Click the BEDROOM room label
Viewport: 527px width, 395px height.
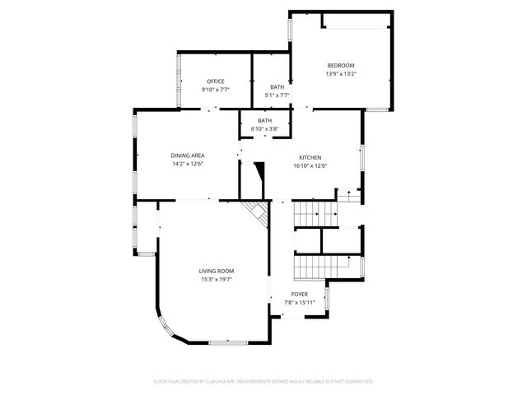pyautogui.click(x=341, y=66)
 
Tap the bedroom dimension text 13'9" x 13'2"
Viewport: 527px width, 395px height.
pyautogui.click(x=341, y=74)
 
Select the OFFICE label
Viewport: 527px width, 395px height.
pyautogui.click(x=216, y=81)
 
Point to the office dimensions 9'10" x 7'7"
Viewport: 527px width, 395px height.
pyautogui.click(x=216, y=89)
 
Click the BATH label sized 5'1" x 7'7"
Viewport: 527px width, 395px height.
pyautogui.click(x=277, y=87)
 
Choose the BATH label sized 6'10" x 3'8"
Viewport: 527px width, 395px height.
pyautogui.click(x=264, y=121)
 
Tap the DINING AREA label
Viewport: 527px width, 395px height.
pyautogui.click(x=188, y=156)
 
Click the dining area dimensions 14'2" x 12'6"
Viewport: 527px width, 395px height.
pyautogui.click(x=188, y=164)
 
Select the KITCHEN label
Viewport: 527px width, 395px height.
pyautogui.click(x=310, y=157)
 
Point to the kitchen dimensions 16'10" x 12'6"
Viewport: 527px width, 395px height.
pyautogui.click(x=310, y=165)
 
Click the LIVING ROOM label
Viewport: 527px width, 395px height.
pyautogui.click(x=217, y=271)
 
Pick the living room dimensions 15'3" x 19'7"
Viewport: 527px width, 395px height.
pyautogui.click(x=217, y=279)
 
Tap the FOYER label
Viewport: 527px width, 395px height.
pyautogui.click(x=300, y=294)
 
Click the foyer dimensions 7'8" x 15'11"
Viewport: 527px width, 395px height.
pyautogui.click(x=300, y=302)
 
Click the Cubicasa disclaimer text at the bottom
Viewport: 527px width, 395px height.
pyautogui.click(x=263, y=382)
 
